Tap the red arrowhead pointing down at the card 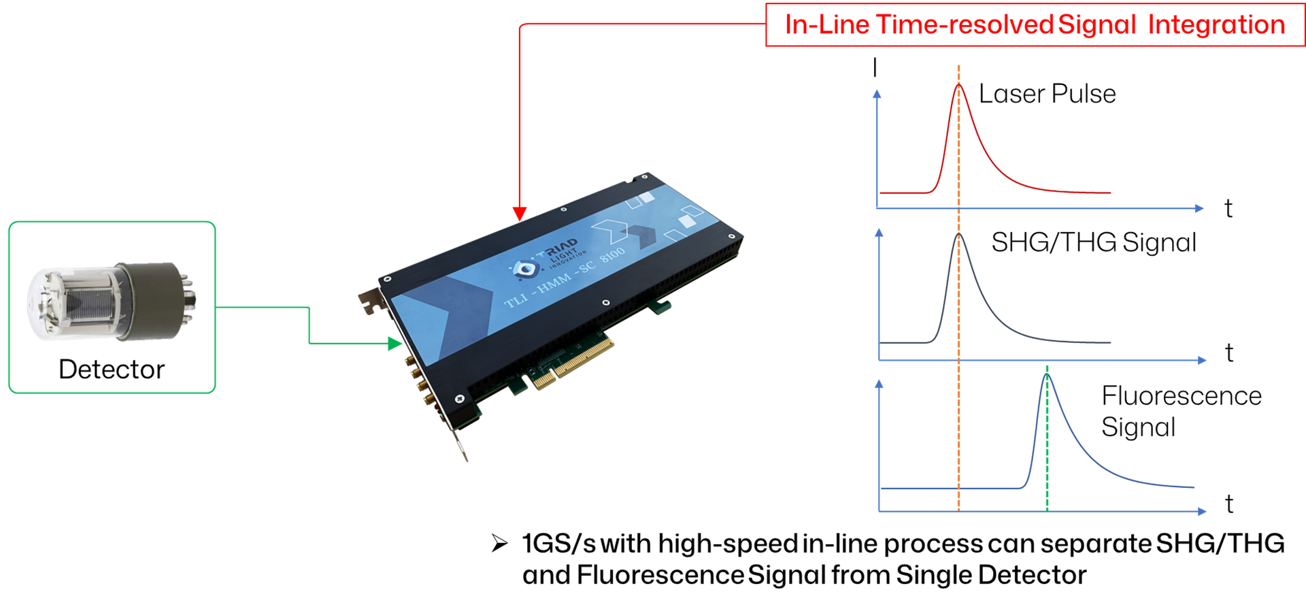click(520, 214)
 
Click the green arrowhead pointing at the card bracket click(396, 344)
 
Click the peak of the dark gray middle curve click(959, 235)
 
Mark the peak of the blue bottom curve click(1047, 375)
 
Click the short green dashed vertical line click(1047, 442)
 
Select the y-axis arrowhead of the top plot click(878, 95)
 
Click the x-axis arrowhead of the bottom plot click(1202, 511)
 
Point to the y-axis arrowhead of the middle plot click(880, 233)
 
